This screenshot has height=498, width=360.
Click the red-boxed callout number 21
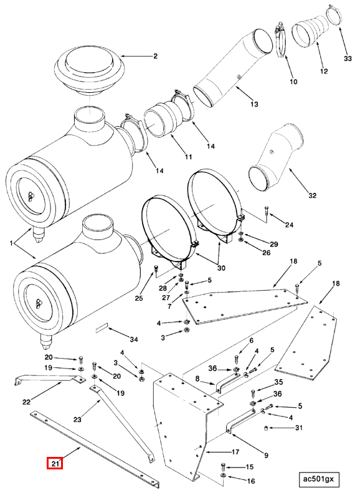point(54,463)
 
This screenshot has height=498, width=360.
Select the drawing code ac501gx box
point(319,479)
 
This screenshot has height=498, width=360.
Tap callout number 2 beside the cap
point(155,56)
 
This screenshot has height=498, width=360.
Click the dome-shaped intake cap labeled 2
point(89,71)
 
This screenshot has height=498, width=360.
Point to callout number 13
point(254,104)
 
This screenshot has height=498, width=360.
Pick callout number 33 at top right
point(348,59)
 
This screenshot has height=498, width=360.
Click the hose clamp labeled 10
point(280,40)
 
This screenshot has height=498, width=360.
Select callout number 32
point(312,195)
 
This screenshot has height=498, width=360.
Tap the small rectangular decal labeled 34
point(102,328)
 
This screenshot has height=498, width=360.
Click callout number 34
point(134,339)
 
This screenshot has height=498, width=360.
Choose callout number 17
point(235,452)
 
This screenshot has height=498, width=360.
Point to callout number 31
point(299,428)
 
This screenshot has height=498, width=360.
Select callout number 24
point(289,225)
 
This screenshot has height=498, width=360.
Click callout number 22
point(26,402)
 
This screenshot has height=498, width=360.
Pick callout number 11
point(189,157)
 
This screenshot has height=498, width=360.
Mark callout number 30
point(221,268)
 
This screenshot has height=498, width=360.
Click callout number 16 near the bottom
point(251,481)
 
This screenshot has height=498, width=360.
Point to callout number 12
point(324,71)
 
